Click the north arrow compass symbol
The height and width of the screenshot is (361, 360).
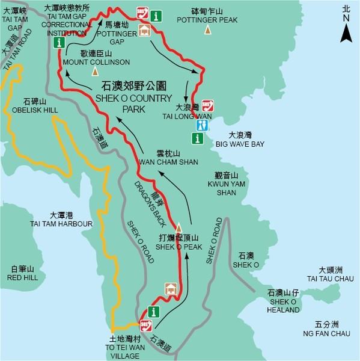pos(345,30)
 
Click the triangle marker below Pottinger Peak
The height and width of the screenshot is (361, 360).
pos(207,29)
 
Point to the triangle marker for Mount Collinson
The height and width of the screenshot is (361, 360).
pos(95,72)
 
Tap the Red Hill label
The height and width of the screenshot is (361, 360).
pos(23,273)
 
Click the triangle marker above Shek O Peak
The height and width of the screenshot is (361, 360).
pos(178,226)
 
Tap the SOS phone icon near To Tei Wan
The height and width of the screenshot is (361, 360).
pos(145,326)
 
